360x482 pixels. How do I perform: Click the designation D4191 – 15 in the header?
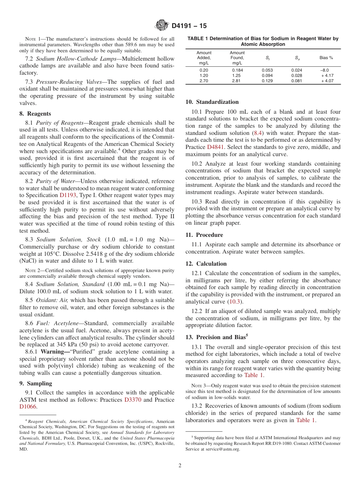tap(189, 26)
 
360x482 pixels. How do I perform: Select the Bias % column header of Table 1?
tap(326, 58)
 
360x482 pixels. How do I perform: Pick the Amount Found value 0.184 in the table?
tap(237, 70)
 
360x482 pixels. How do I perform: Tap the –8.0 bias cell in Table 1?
tap(324, 70)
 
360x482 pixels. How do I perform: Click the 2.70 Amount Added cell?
tap(203, 81)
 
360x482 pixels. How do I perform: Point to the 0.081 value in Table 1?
tap(296, 81)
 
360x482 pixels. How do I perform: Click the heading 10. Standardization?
tap(212, 102)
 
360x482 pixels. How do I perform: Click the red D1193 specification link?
tap(68, 195)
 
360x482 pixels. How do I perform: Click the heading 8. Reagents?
tap(35, 114)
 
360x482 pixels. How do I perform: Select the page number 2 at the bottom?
tap(180, 465)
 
